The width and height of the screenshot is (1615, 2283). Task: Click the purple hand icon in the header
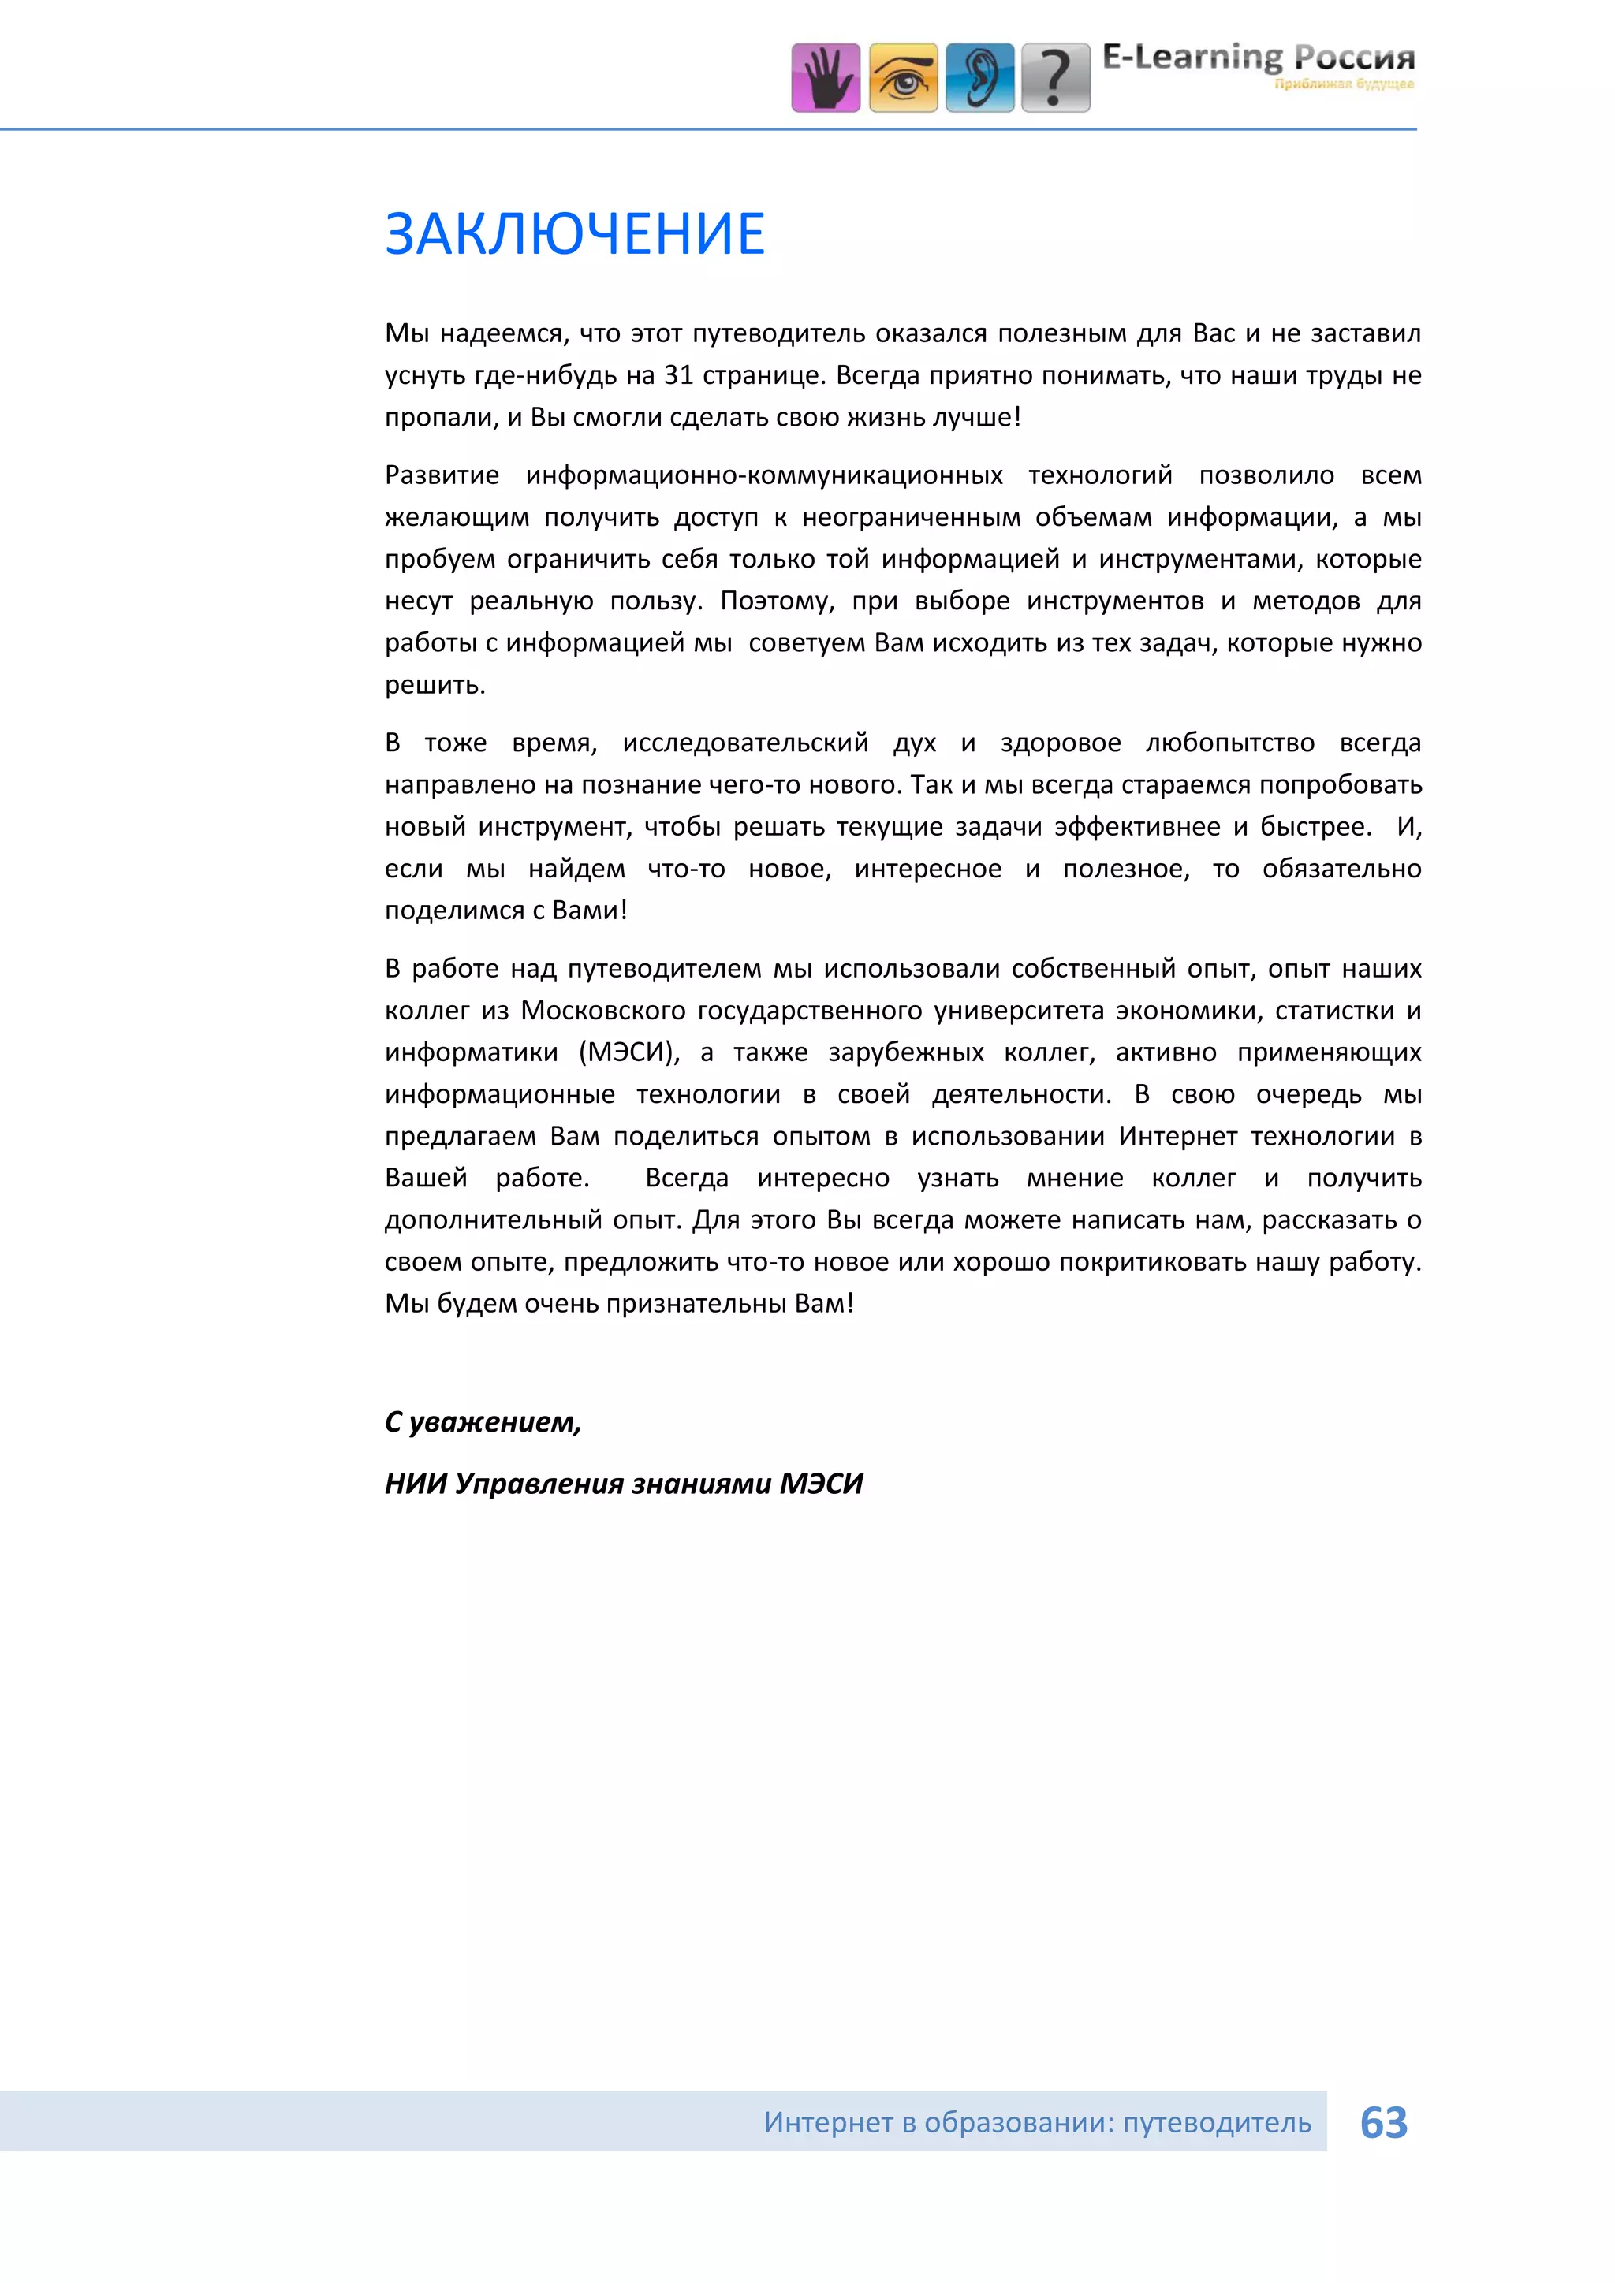tap(826, 77)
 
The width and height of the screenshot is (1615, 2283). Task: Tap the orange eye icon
tap(903, 77)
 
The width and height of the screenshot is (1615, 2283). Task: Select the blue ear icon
tap(979, 77)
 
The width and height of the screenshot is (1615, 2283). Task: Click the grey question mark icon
tap(1056, 77)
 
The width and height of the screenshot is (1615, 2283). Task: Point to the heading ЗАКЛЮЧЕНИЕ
tap(575, 235)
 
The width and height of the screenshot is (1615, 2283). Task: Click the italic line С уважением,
tap(483, 1422)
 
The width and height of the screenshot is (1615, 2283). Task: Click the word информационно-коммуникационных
tap(764, 475)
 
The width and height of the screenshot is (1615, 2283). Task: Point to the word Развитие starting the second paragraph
tap(442, 475)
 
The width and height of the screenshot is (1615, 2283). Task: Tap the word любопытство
tap(1229, 743)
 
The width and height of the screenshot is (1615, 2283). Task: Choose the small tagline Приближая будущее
tap(1344, 84)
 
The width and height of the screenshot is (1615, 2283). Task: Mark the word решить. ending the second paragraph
tap(435, 685)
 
